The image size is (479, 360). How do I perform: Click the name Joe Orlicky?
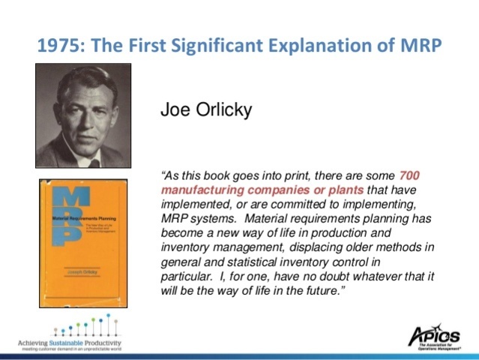click(x=206, y=110)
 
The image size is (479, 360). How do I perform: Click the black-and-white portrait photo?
click(x=83, y=115)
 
